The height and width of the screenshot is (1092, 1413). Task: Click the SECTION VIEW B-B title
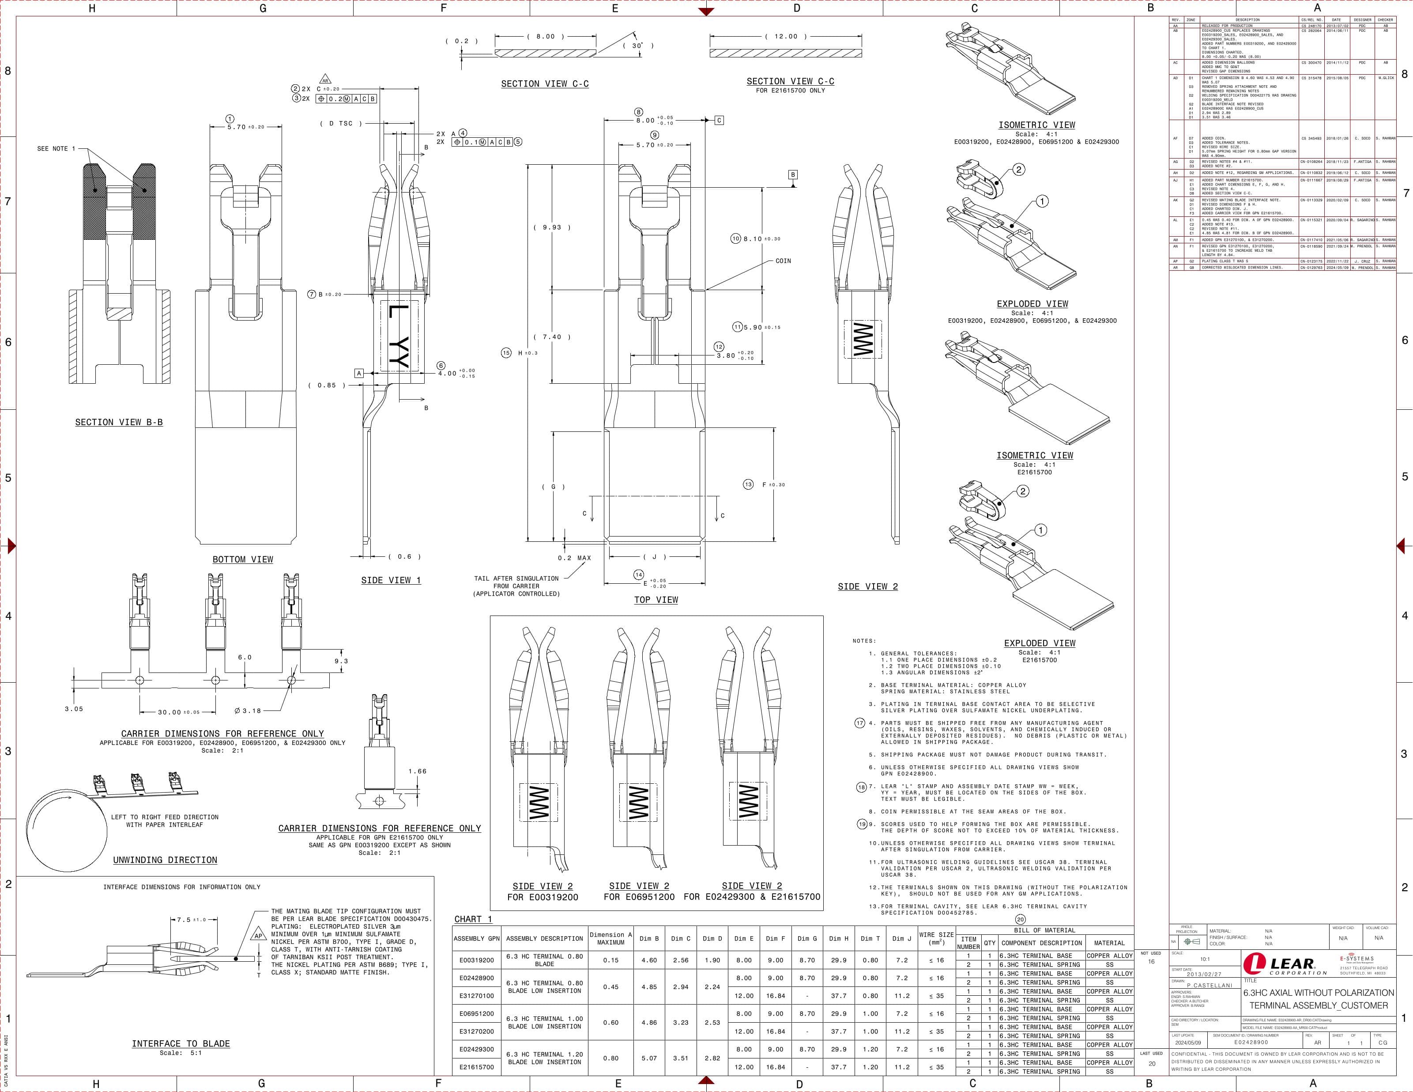coord(119,422)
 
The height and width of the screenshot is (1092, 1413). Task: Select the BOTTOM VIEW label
coord(243,559)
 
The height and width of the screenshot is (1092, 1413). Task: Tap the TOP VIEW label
coord(656,599)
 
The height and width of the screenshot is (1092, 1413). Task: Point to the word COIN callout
coord(783,261)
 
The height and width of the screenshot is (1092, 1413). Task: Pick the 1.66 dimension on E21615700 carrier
coord(417,771)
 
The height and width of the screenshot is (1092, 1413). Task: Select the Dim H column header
coord(838,938)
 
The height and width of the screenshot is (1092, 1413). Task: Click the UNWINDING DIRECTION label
coord(165,860)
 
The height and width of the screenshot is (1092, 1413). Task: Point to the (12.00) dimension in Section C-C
coord(785,37)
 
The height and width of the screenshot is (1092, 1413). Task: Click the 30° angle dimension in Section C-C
coord(638,46)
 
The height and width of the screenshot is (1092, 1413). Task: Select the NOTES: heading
coord(864,641)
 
